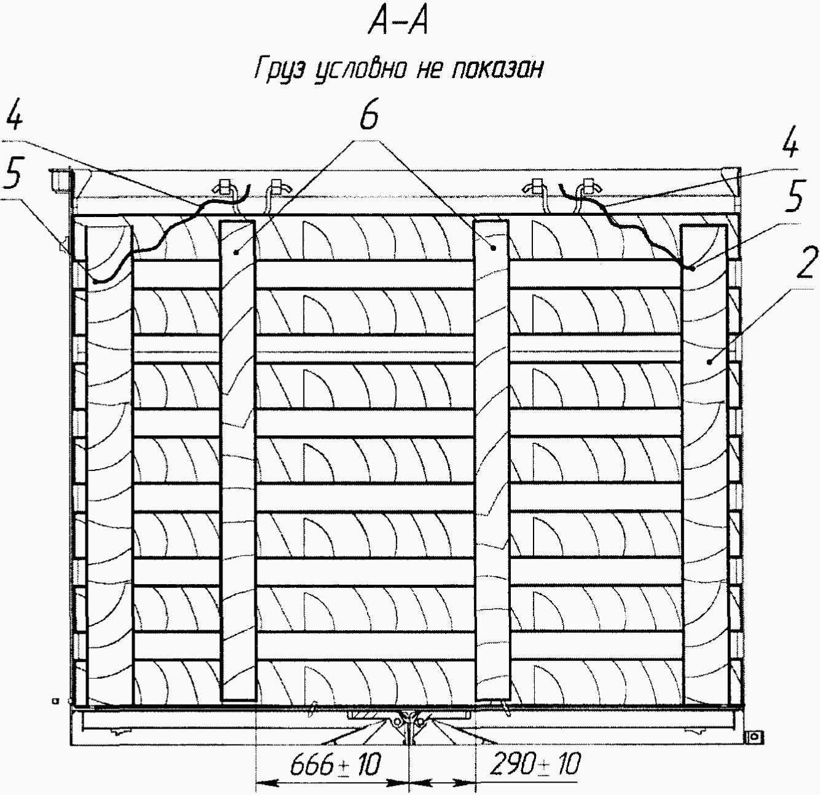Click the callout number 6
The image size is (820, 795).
pos(369,117)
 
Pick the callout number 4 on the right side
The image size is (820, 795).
pos(790,146)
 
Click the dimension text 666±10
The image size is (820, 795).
pos(336,765)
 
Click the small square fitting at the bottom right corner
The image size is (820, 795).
pos(754,736)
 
